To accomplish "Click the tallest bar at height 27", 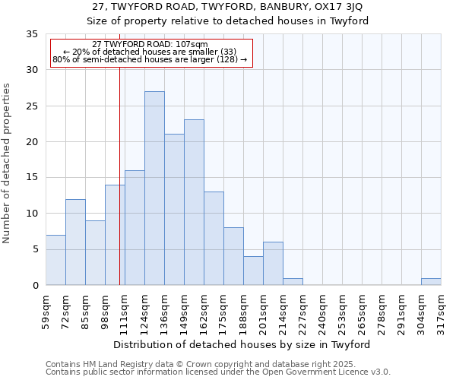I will tap(154, 188).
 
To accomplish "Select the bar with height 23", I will tap(194, 202).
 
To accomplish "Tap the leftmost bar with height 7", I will tap(55, 260).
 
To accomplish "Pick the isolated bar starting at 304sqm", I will tap(431, 281).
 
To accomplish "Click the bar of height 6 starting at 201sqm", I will tap(273, 263).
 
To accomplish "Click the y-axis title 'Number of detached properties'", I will tap(8, 163).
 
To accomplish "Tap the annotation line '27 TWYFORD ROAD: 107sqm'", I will tap(149, 44).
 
